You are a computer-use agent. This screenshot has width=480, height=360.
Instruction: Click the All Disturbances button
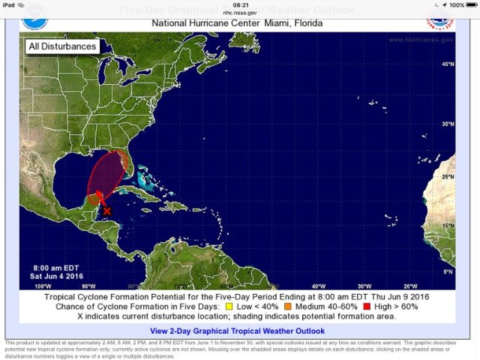(x=62, y=46)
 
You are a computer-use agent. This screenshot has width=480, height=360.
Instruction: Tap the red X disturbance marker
(x=106, y=211)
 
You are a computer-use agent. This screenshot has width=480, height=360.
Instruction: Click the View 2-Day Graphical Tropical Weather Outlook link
(x=237, y=331)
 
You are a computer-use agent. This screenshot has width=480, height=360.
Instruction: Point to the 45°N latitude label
(x=447, y=64)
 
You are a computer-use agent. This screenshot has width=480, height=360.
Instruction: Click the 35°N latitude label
(x=447, y=124)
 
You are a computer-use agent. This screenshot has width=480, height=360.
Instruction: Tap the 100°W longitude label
(x=43, y=286)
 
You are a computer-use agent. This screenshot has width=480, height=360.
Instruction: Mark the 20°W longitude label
(x=409, y=286)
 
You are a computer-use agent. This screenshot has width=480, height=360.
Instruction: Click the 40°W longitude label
(x=318, y=286)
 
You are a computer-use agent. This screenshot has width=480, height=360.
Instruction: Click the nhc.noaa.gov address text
(x=240, y=12)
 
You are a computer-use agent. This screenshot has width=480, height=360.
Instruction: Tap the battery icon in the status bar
(x=469, y=4)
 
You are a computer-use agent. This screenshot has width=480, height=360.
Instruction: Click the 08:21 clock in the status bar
(x=240, y=4)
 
